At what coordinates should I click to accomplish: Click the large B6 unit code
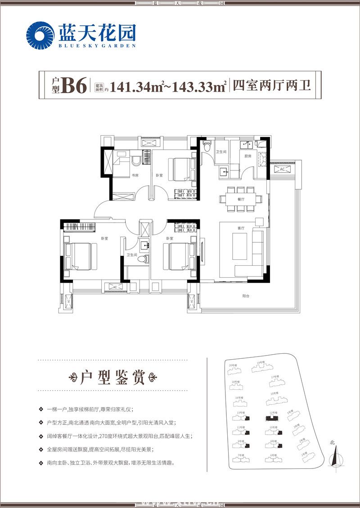pyautogui.click(x=74, y=85)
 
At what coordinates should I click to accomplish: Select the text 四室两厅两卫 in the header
pyautogui.click(x=272, y=85)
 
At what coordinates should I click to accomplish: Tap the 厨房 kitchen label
pyautogui.click(x=248, y=156)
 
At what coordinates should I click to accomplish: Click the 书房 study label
pyautogui.click(x=134, y=175)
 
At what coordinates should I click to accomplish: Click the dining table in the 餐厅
pyautogui.click(x=241, y=198)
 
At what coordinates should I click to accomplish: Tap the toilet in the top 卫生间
pyautogui.click(x=207, y=147)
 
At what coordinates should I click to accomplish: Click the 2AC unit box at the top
pyautogui.click(x=150, y=143)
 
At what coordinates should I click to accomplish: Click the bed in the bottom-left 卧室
pyautogui.click(x=81, y=255)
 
